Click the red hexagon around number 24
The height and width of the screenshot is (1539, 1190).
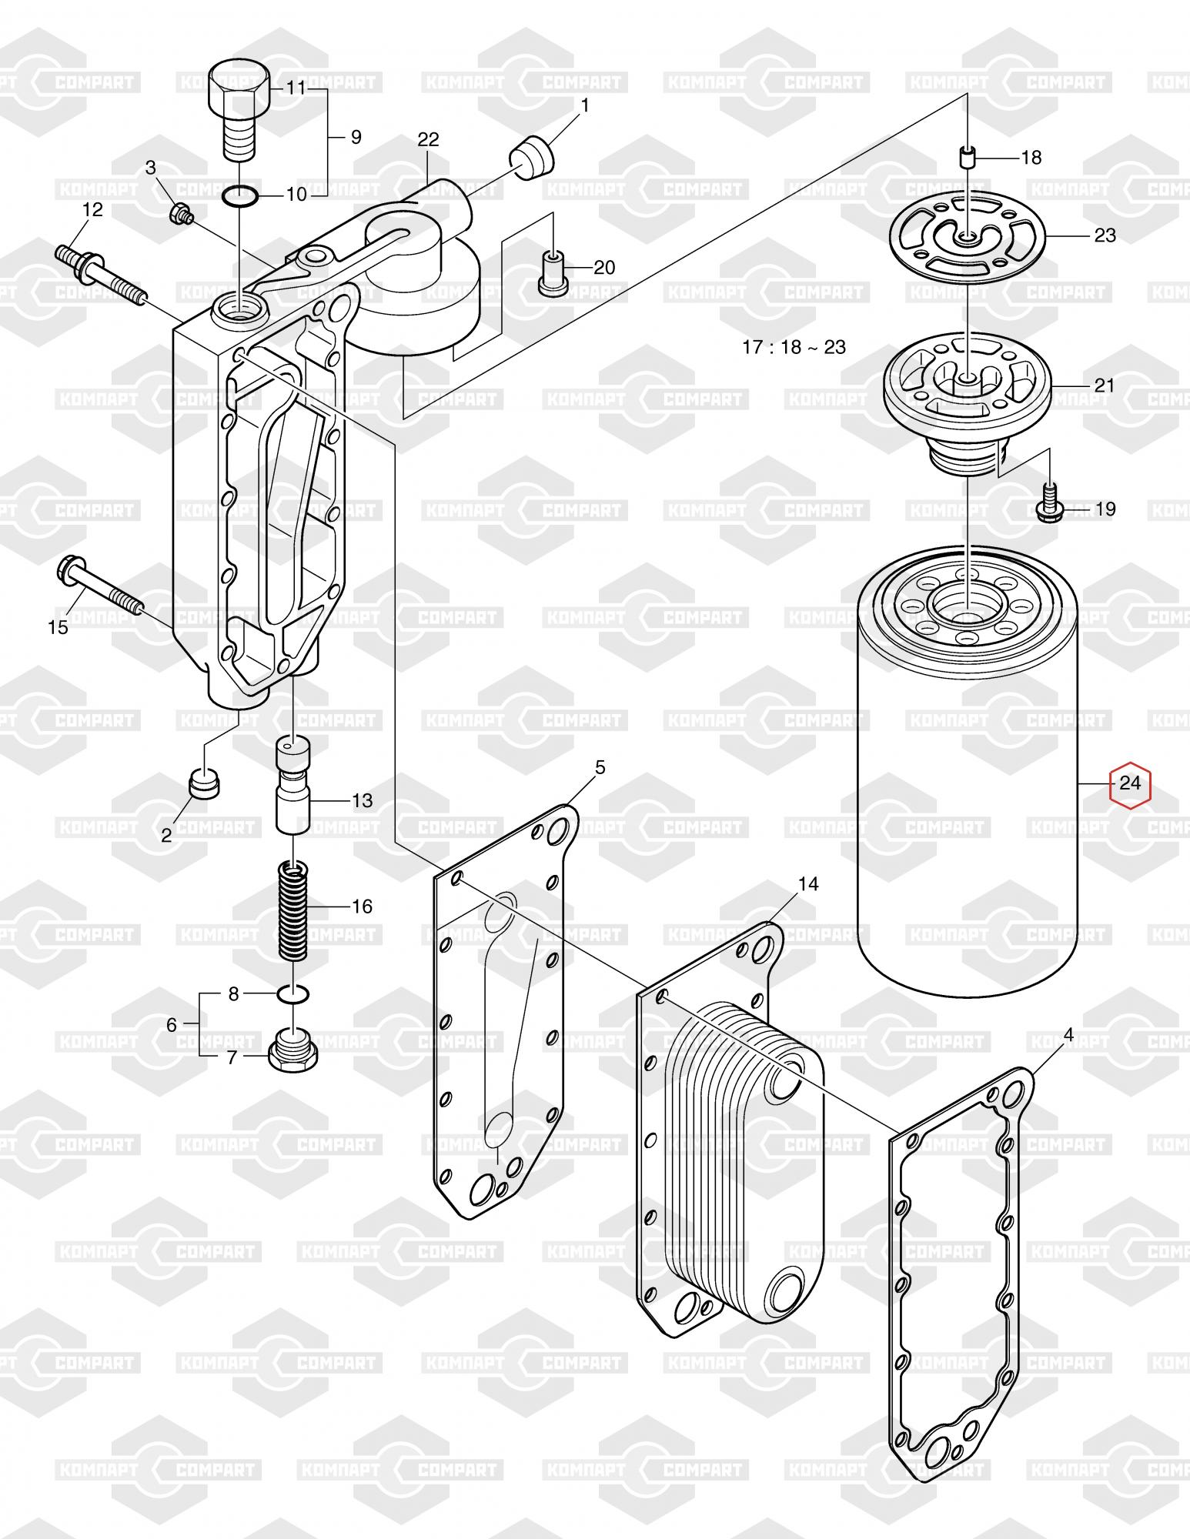click(x=1129, y=784)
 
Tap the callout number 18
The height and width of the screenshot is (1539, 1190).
click(x=1031, y=158)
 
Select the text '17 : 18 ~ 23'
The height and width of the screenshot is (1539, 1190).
click(x=794, y=347)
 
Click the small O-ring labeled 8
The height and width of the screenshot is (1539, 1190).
click(x=293, y=995)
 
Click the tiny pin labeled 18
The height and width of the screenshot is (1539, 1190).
click(x=967, y=159)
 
